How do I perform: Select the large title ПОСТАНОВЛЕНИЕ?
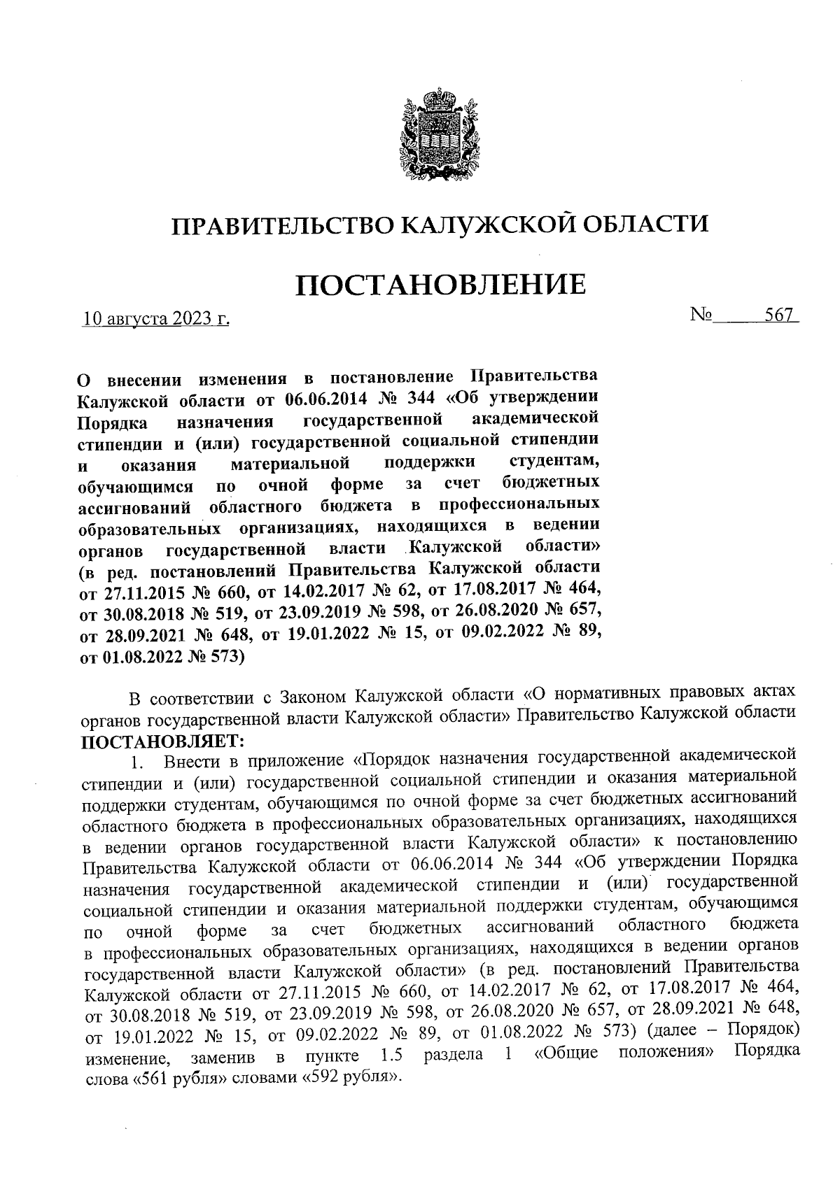click(440, 285)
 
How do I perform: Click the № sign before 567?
click(702, 315)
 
